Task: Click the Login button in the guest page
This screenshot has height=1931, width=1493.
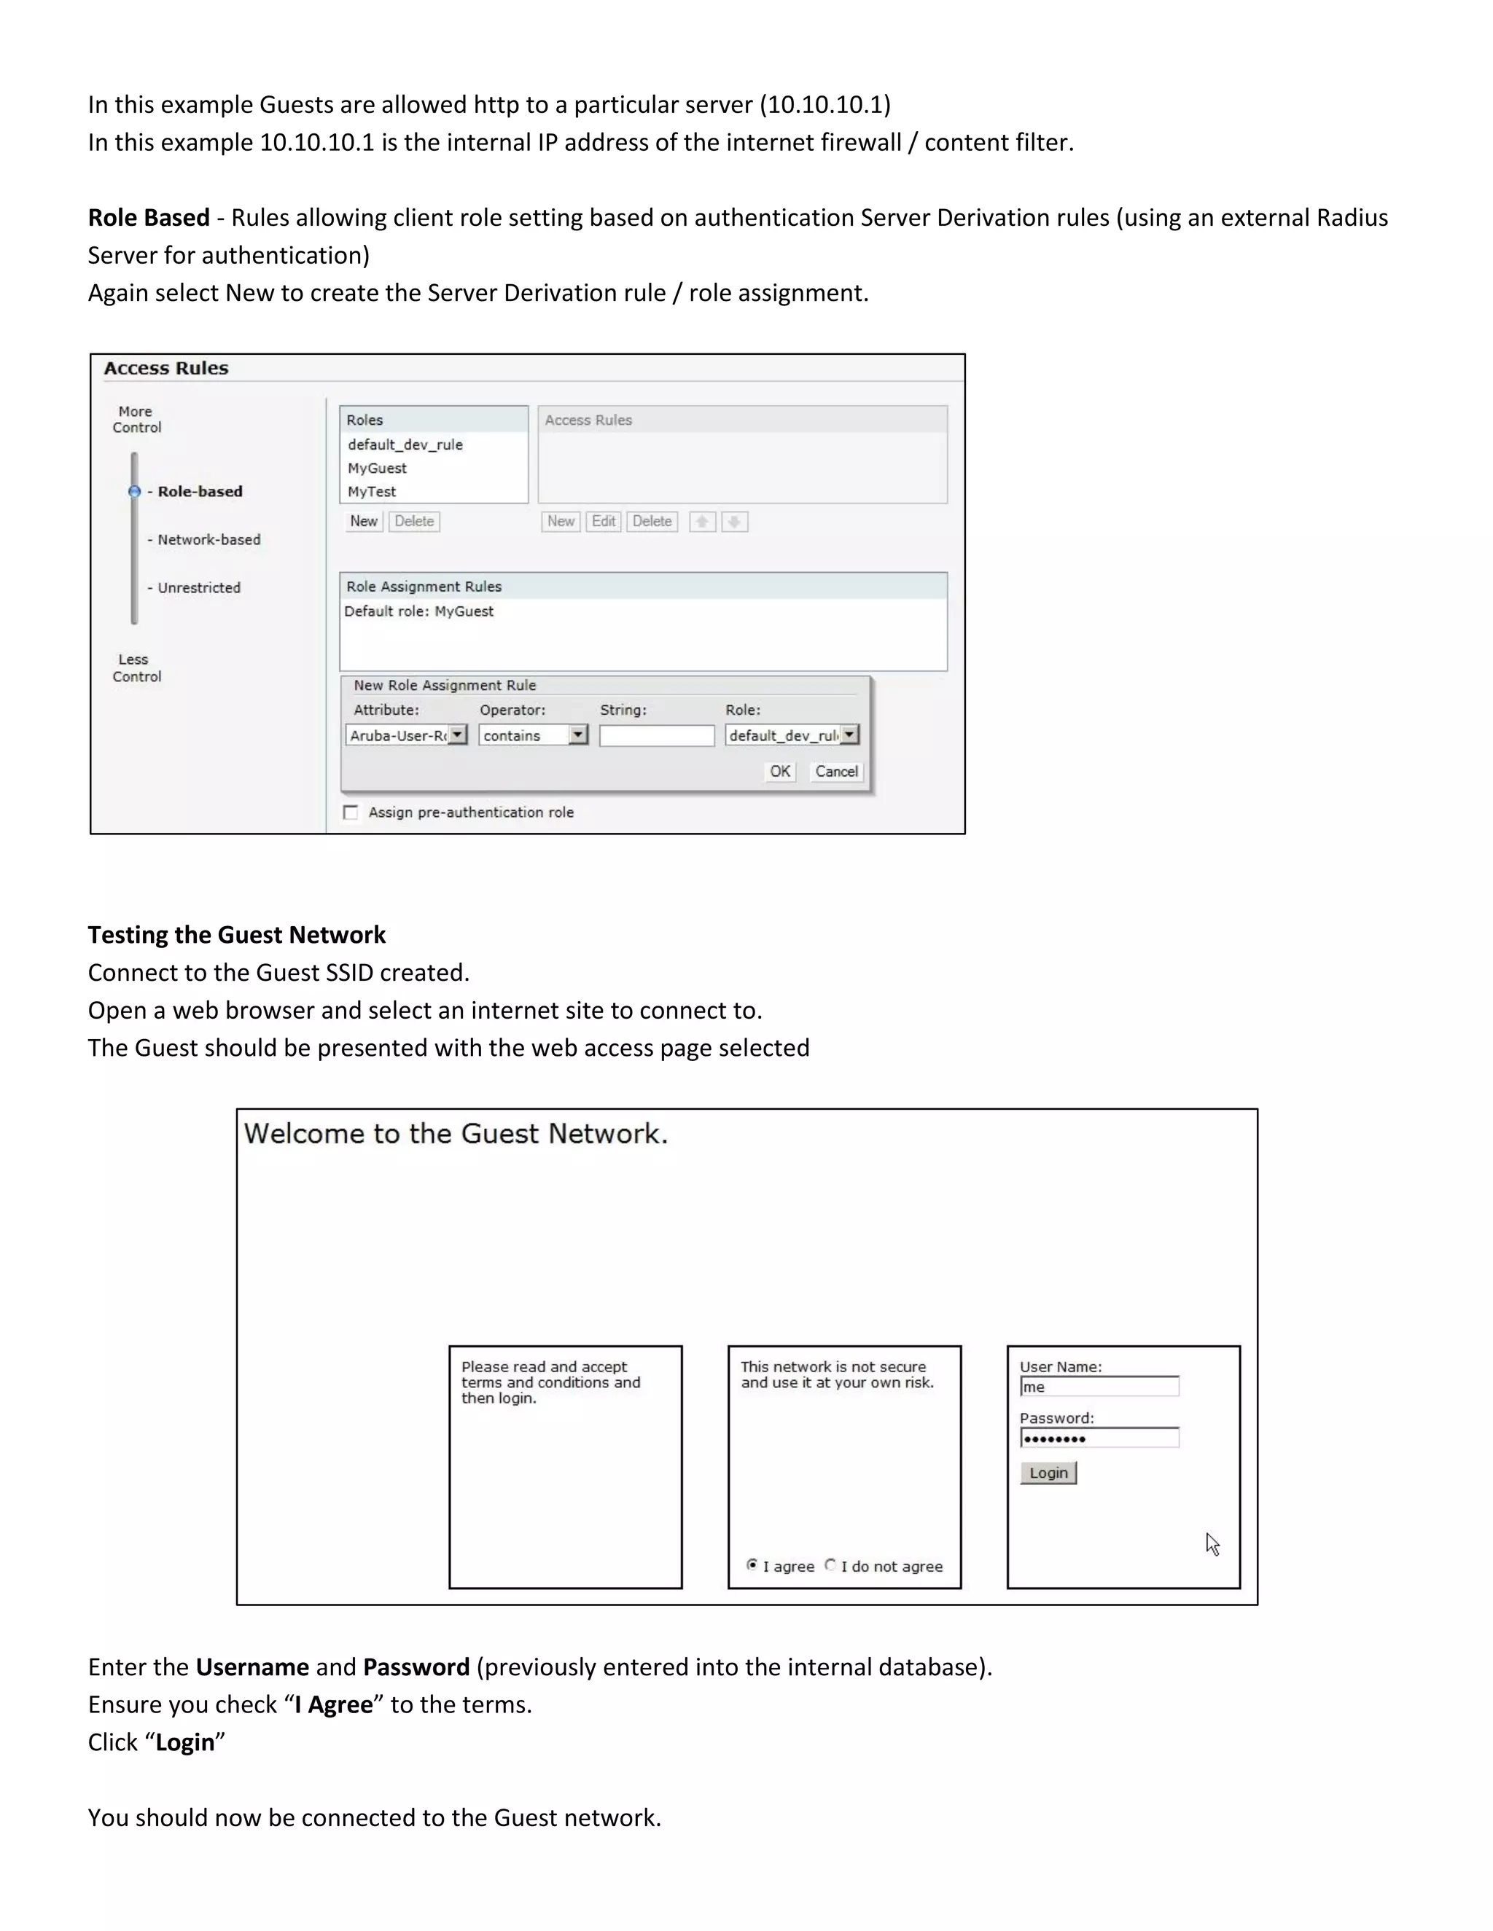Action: [x=1048, y=1473]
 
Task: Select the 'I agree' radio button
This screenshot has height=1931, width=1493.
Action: [x=752, y=1565]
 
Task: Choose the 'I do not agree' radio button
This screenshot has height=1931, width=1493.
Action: [x=830, y=1565]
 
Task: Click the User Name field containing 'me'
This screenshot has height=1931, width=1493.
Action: [x=1099, y=1387]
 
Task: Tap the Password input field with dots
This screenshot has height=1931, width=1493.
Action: [x=1099, y=1438]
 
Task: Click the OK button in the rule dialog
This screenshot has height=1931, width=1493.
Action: [x=779, y=771]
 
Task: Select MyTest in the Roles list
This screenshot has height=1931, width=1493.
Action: [x=372, y=492]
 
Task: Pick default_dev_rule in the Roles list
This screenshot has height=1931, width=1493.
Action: [x=405, y=444]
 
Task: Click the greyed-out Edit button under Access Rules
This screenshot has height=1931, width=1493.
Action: [x=603, y=522]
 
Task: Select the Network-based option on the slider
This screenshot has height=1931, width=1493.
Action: [x=208, y=539]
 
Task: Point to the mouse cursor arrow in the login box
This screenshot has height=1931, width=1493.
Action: [x=1212, y=1544]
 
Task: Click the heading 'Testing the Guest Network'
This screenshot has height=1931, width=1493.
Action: [x=236, y=935]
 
